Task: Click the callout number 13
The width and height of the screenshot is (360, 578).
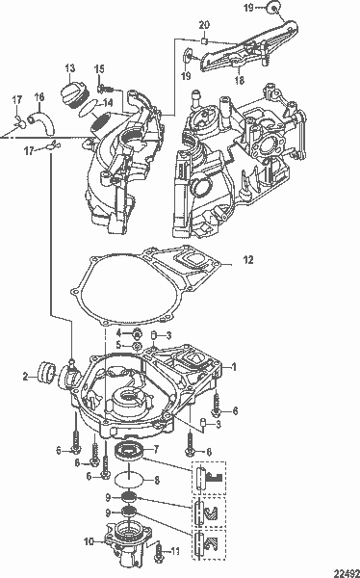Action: (69, 68)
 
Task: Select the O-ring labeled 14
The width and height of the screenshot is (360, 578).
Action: (90, 109)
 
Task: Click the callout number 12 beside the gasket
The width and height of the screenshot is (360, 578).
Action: (248, 260)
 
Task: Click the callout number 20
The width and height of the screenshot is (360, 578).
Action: (204, 25)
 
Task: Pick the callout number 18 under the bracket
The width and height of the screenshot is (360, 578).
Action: (240, 80)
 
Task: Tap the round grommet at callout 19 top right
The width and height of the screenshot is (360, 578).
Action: (273, 8)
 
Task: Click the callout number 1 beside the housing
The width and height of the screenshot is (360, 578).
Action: (234, 367)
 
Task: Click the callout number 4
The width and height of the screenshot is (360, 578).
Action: (118, 333)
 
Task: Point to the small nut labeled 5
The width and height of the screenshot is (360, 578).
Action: (137, 346)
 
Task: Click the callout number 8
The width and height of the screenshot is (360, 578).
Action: (156, 481)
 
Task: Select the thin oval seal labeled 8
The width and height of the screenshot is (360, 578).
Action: (127, 481)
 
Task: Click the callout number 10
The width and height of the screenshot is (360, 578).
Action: (90, 541)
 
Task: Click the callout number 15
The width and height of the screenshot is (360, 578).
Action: (99, 69)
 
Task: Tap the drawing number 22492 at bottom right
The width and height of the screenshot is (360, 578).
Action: (347, 573)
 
